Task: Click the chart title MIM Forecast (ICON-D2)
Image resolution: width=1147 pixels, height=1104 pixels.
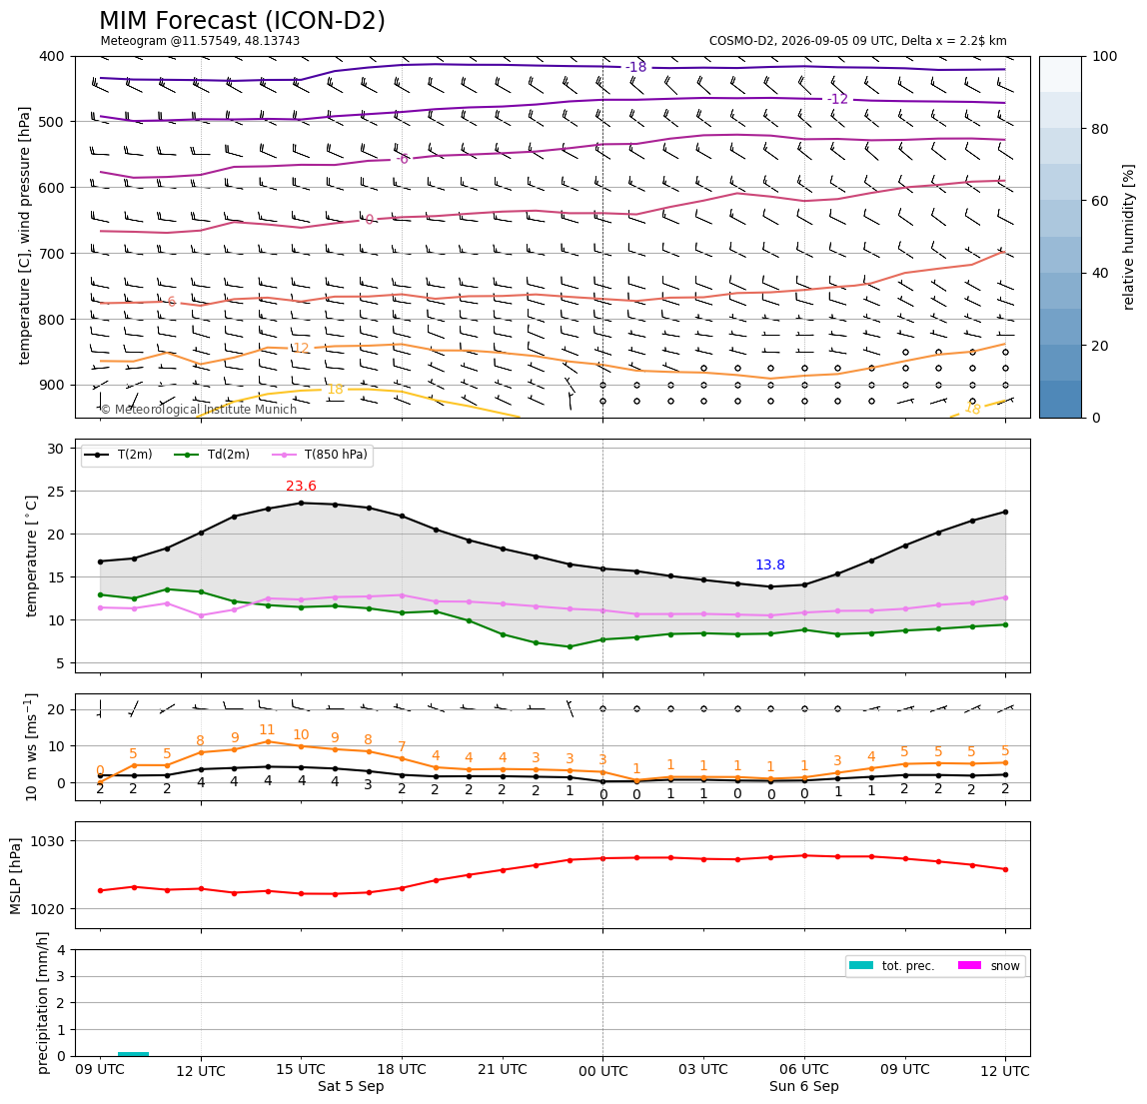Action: [x=242, y=21]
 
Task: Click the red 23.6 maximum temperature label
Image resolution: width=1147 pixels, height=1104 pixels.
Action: [x=301, y=486]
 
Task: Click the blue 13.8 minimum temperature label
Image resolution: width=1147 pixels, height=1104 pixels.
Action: [x=769, y=564]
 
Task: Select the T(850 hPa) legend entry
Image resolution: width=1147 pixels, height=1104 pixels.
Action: [x=321, y=455]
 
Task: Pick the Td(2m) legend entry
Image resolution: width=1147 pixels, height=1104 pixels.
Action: [x=213, y=455]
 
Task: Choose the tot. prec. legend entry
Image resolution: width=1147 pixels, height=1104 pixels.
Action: [x=892, y=966]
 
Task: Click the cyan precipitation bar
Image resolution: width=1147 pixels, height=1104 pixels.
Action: [x=133, y=1053]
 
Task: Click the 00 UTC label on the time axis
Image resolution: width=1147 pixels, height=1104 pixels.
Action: [x=602, y=1071]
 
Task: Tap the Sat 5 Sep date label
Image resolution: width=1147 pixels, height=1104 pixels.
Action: [x=351, y=1086]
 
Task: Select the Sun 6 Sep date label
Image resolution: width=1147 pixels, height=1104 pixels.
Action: [x=804, y=1086]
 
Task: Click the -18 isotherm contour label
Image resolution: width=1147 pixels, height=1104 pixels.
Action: [x=635, y=67]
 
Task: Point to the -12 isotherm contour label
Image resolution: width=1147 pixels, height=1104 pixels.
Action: [x=837, y=99]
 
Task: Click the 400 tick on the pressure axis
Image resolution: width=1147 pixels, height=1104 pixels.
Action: [x=53, y=56]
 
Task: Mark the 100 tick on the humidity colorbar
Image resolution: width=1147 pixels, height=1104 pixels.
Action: [x=1105, y=56]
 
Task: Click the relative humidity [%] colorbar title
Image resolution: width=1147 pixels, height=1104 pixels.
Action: [x=1129, y=237]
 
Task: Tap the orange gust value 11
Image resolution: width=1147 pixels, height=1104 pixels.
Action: [x=267, y=729]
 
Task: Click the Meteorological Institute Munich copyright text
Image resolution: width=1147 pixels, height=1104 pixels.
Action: [x=198, y=409]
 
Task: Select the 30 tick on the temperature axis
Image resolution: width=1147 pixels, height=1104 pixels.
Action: [x=56, y=449]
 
